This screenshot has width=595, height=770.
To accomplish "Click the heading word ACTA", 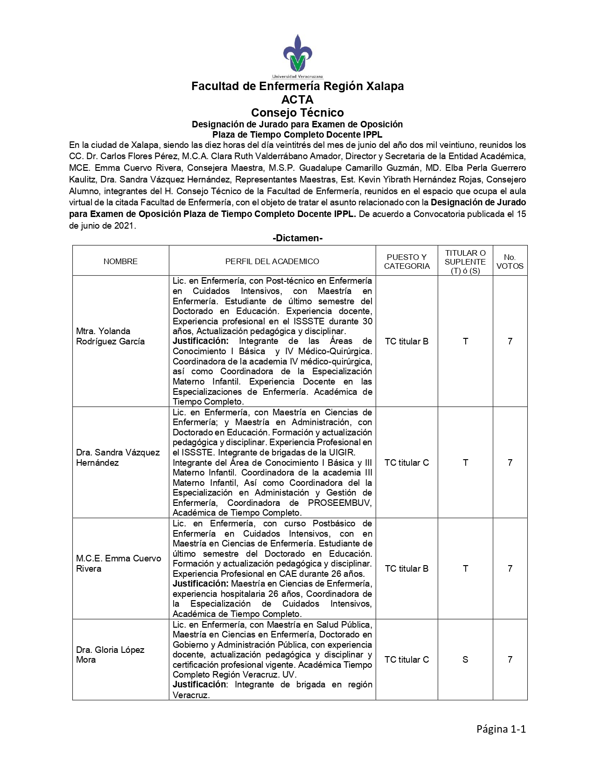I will click(x=297, y=99).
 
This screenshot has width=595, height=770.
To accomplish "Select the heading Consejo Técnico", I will click(x=297, y=112).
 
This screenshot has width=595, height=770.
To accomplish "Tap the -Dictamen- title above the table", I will click(x=297, y=238).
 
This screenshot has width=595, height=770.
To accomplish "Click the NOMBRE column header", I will click(x=120, y=261).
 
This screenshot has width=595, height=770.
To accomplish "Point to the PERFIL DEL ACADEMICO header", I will click(x=272, y=261).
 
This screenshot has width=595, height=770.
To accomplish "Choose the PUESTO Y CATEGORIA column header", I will click(x=406, y=261).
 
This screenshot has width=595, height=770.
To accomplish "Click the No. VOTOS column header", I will click(x=510, y=261).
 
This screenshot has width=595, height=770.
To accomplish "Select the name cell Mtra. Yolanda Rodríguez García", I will click(x=110, y=336).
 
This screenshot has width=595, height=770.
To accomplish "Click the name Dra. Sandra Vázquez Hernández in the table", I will click(x=118, y=457).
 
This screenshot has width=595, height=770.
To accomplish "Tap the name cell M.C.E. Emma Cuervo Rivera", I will click(x=119, y=563).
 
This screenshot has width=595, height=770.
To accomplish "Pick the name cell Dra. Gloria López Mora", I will click(x=110, y=654).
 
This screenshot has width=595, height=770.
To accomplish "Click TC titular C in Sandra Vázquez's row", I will click(x=406, y=462).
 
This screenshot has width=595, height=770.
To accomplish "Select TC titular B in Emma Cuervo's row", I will click(x=406, y=568).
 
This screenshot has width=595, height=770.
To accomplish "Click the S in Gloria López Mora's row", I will click(x=465, y=659).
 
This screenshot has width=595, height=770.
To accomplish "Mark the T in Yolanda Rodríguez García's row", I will click(x=465, y=341).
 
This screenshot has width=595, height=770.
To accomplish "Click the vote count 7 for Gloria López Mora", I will click(x=510, y=659).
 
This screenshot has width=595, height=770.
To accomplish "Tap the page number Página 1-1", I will click(x=501, y=729).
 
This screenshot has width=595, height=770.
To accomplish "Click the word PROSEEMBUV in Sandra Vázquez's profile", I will click(x=339, y=503).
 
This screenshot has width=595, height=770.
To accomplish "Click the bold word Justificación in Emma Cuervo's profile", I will click(x=201, y=583).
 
